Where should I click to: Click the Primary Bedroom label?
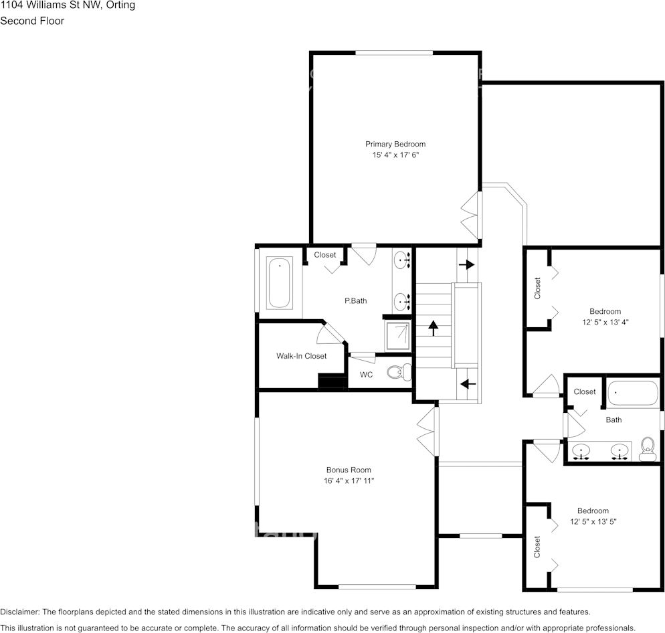395,144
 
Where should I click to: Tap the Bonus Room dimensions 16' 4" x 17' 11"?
348,481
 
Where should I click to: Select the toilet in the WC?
399,372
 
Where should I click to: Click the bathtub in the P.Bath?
279,283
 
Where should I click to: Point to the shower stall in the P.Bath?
398,335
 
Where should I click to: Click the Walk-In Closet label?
301,356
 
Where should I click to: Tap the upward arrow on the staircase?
433,328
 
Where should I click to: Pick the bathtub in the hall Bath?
633,393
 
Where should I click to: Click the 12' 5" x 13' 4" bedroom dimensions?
605,322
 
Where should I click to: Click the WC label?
366,375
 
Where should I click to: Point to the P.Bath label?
355,301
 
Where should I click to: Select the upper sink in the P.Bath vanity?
402,259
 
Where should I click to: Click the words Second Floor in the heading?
32,21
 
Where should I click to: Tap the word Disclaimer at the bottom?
19,612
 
